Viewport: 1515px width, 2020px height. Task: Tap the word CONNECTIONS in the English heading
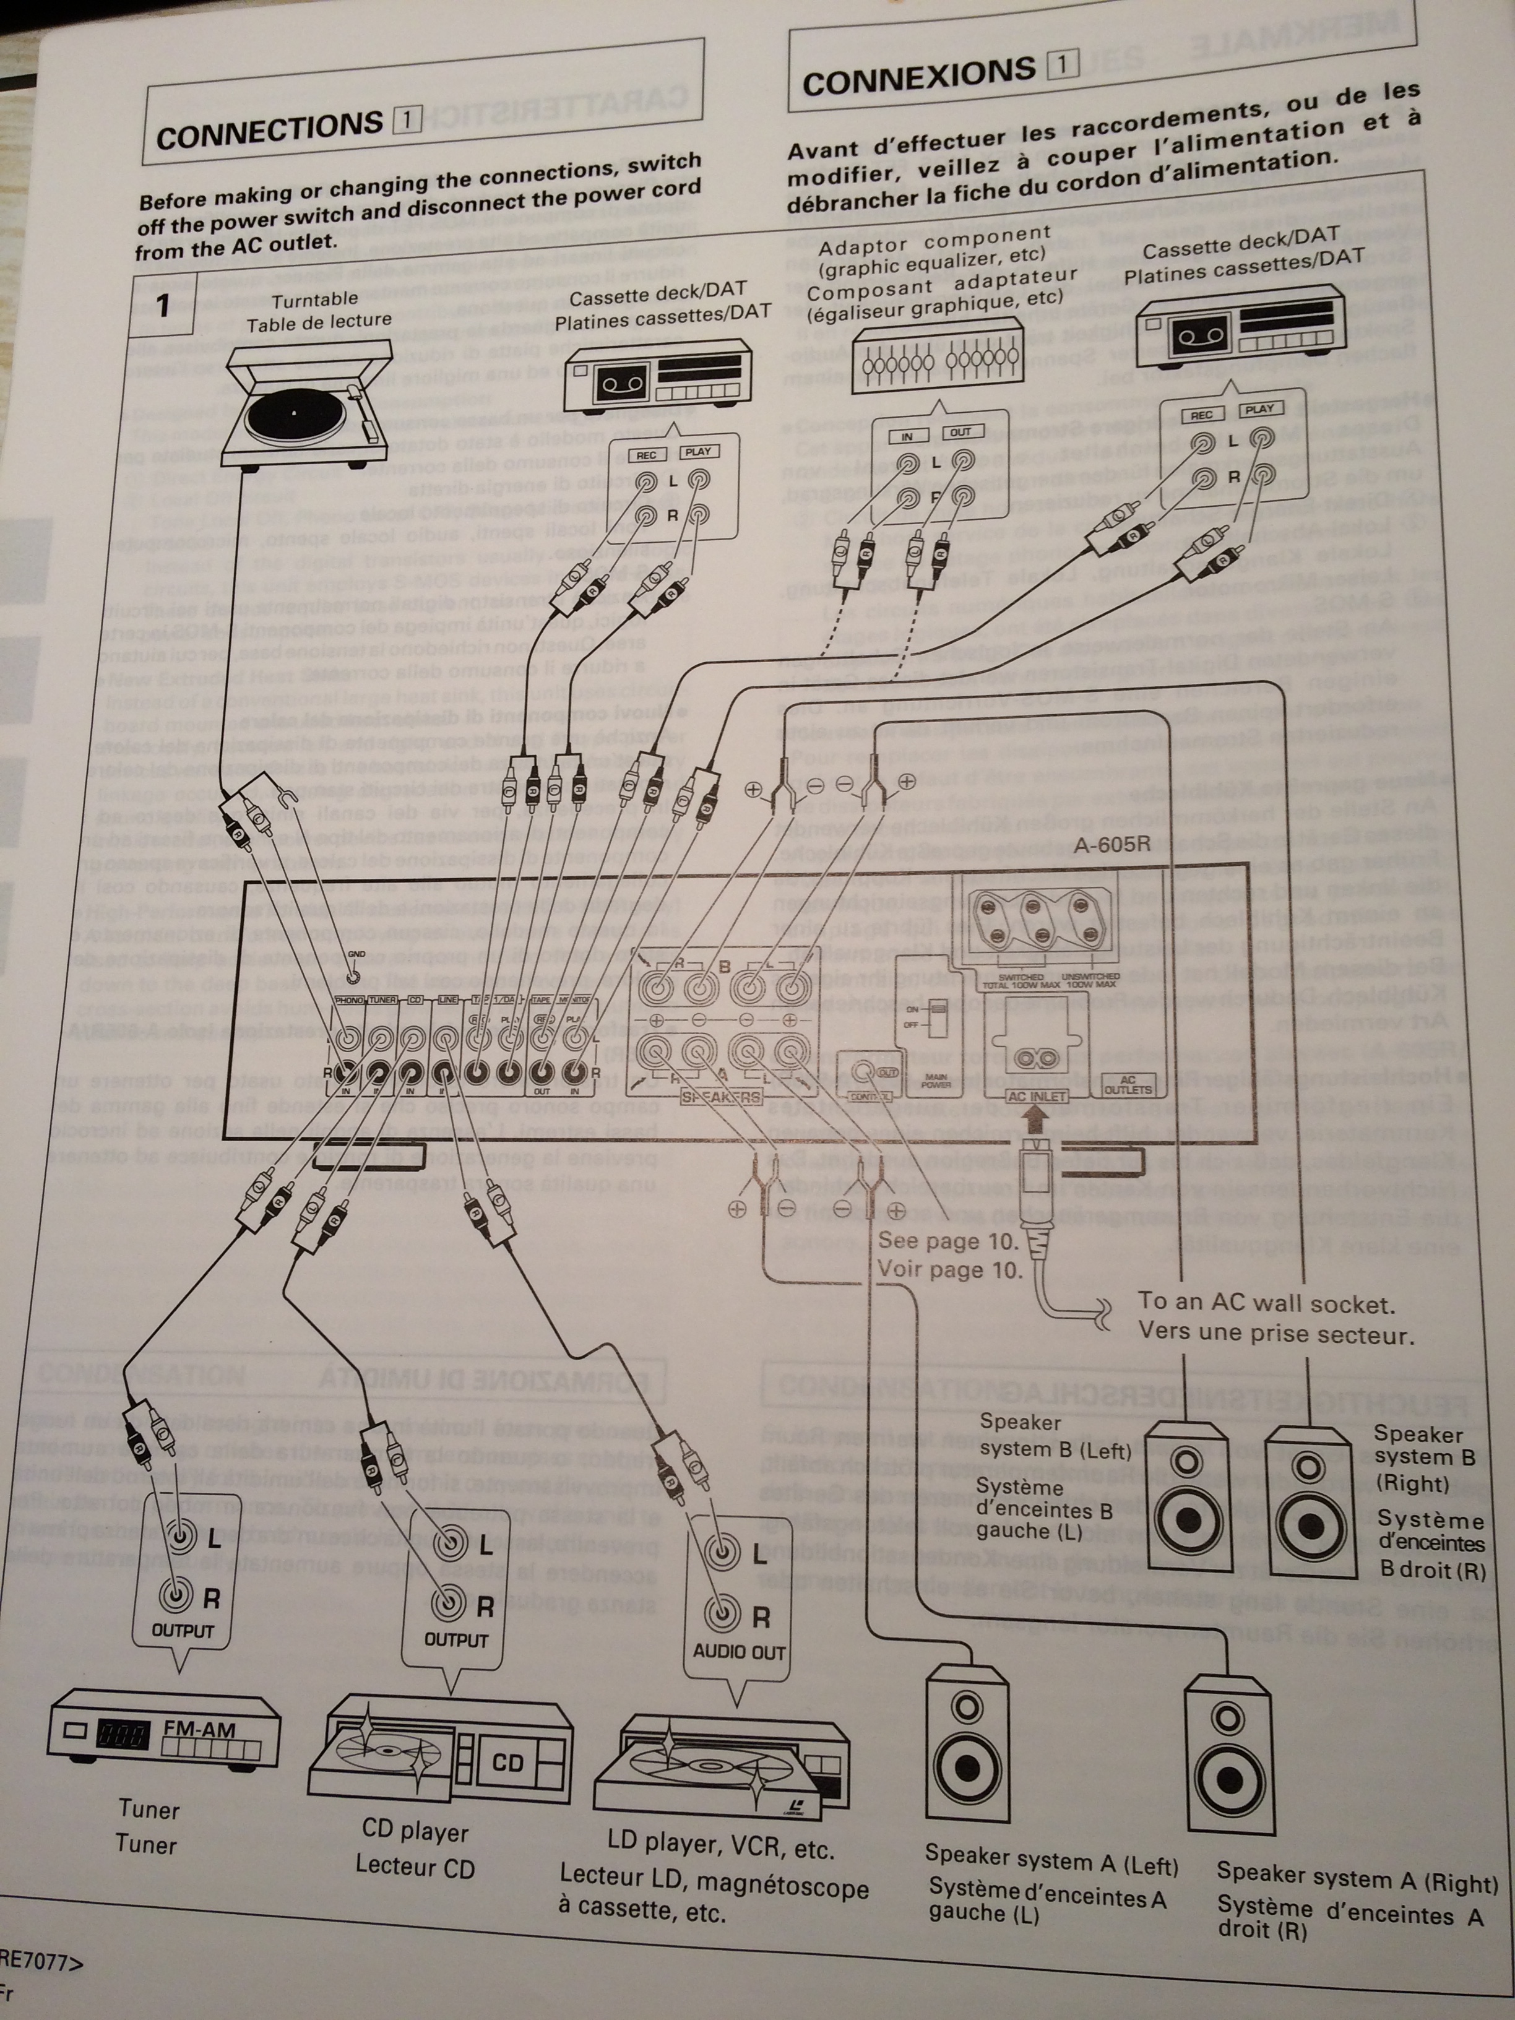(x=269, y=131)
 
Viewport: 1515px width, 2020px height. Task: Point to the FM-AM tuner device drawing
(x=165, y=1736)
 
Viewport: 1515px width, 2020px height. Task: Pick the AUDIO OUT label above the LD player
(x=739, y=1651)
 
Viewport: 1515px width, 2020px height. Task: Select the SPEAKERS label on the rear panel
(x=722, y=1097)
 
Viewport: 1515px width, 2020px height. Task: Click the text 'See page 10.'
(x=947, y=1241)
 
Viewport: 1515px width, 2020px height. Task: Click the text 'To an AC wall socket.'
(x=1266, y=1303)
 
